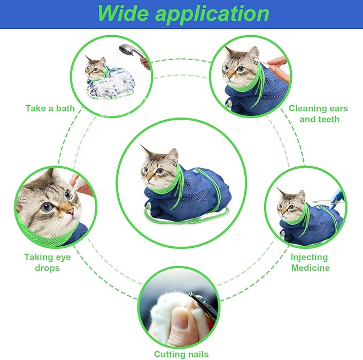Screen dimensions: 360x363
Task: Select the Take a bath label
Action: [x=50, y=108]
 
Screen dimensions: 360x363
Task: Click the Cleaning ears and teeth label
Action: [x=319, y=114]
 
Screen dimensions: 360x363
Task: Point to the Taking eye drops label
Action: [x=48, y=262]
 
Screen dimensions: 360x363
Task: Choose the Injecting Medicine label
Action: [x=310, y=262]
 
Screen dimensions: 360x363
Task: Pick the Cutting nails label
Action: [x=181, y=354]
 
